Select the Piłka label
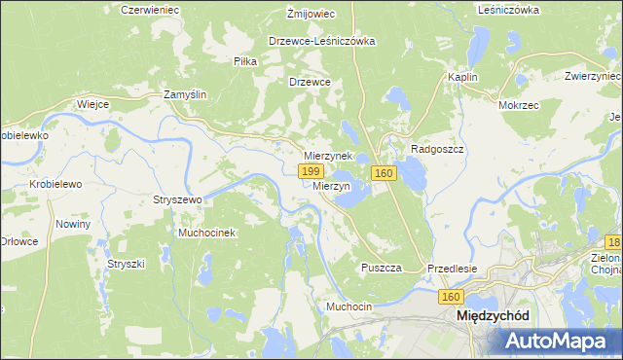pyautogui.click(x=244, y=60)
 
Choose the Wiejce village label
pyautogui.click(x=92, y=104)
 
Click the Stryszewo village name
pyautogui.click(x=176, y=199)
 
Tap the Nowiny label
pyautogui.click(x=73, y=224)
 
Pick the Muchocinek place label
pyautogui.click(x=206, y=234)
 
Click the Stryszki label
pyautogui.click(x=126, y=264)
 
